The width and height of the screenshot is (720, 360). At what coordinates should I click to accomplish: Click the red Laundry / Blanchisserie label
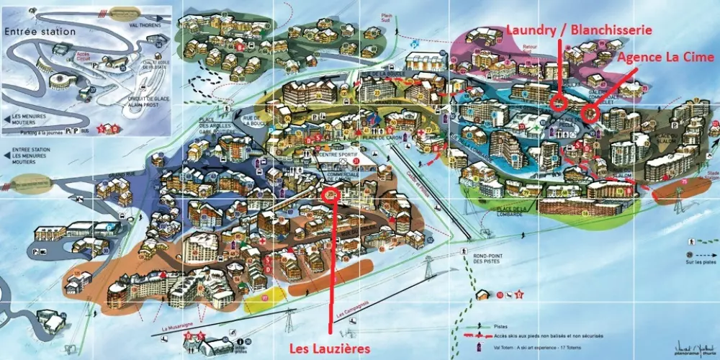click(579, 30)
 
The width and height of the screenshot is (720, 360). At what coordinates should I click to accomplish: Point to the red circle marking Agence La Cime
click(590, 112)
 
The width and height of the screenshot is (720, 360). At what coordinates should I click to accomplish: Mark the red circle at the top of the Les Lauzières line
click(330, 192)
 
